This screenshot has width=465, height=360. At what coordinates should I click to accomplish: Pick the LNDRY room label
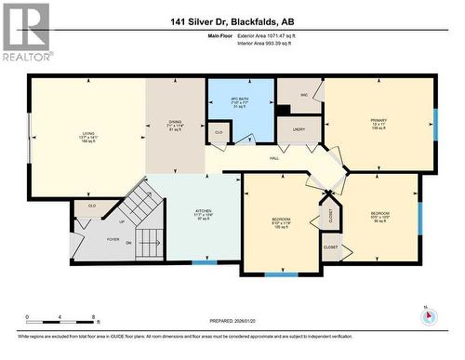point(299,129)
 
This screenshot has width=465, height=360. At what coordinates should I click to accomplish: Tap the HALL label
point(275,159)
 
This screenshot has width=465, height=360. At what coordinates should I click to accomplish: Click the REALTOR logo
point(25,32)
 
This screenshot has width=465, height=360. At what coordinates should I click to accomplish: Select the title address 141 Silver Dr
point(232,22)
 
